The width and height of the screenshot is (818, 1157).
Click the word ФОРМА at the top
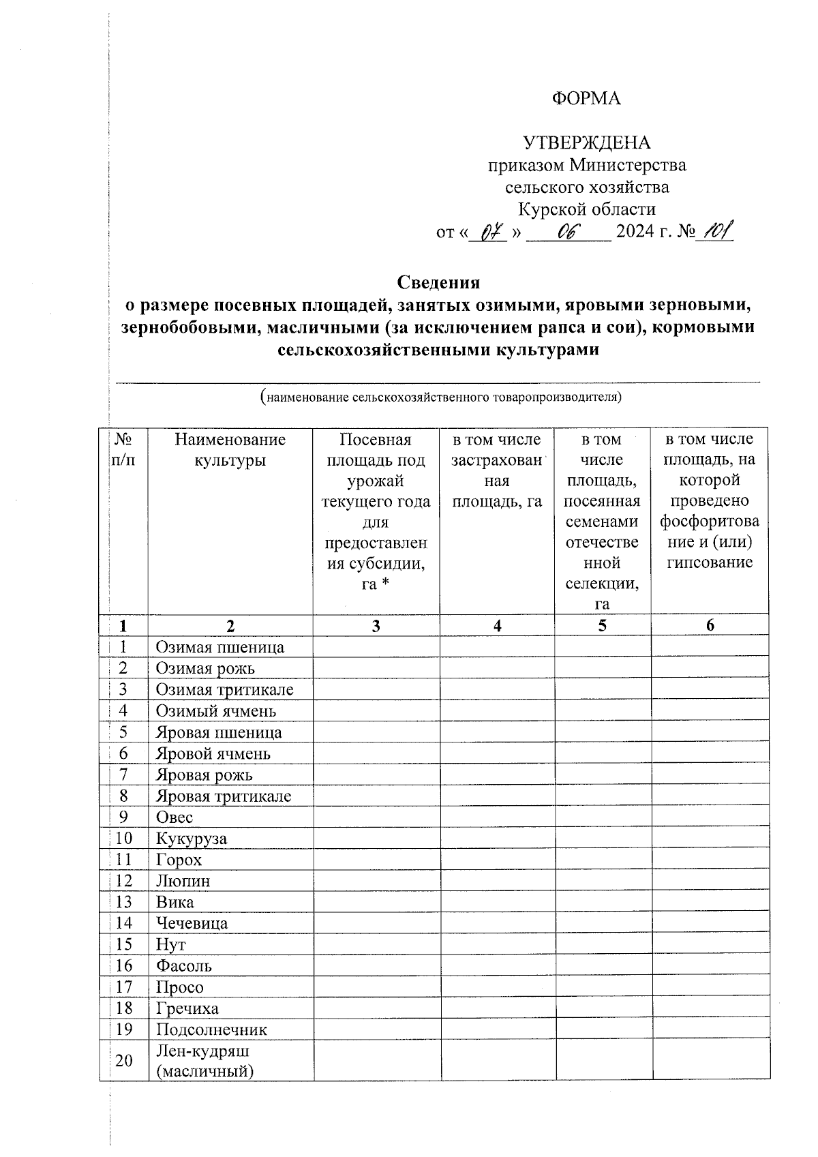point(586,99)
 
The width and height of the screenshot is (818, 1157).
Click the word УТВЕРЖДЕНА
point(586,142)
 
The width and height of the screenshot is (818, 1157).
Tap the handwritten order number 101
point(715,232)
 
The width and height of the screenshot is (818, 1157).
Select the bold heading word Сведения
point(438,282)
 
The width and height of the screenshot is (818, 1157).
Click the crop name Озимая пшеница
point(219,647)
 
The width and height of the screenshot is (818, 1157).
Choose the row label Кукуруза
point(191,839)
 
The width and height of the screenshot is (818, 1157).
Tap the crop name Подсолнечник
point(211,1030)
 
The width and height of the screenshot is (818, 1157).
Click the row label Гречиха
point(187,1008)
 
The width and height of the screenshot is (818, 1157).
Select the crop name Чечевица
point(192,923)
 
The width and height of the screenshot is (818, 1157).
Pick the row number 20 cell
point(123,1061)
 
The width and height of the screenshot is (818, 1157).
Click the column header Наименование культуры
point(230,450)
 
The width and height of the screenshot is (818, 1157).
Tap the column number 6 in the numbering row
point(710,625)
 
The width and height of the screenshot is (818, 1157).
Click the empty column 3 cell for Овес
point(376,817)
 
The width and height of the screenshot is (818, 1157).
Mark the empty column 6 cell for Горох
point(710,860)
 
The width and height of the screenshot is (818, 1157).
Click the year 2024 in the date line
point(634,232)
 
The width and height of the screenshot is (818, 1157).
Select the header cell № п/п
point(123,450)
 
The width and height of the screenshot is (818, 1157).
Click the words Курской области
point(586,209)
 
